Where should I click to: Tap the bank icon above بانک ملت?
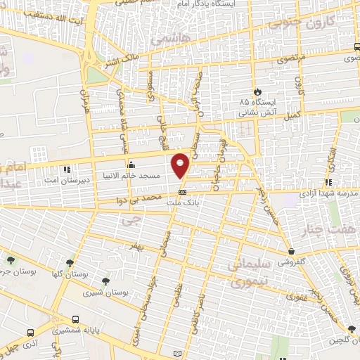(182, 191)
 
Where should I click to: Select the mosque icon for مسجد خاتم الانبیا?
(131, 166)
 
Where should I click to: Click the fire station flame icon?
(257, 91)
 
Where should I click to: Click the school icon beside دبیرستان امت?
(67, 169)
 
